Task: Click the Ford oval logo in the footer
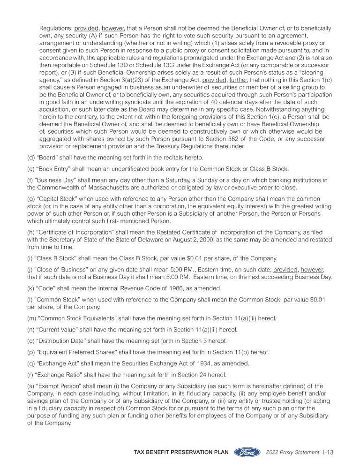point(247,453)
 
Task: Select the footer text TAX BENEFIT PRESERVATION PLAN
point(181,453)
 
